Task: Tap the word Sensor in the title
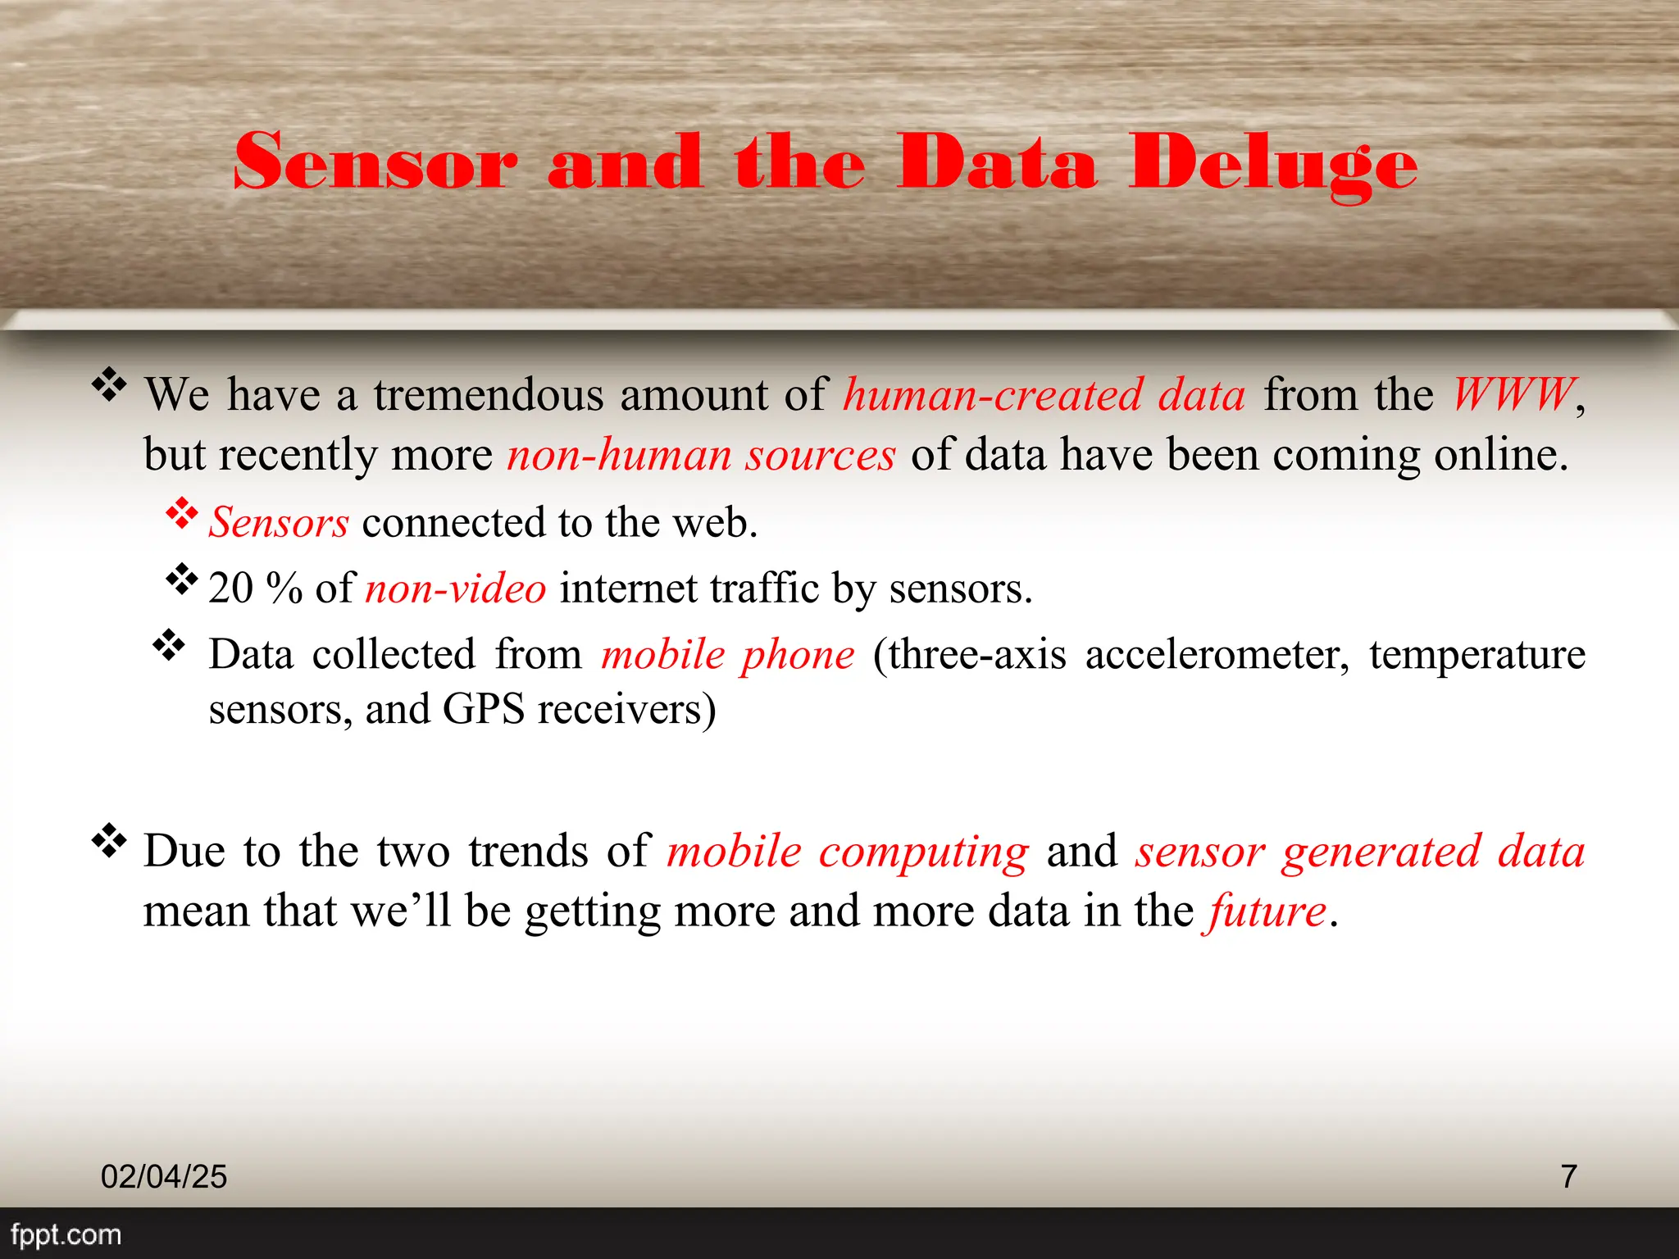click(x=375, y=162)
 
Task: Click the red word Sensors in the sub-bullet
click(x=279, y=523)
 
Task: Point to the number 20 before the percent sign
click(x=230, y=589)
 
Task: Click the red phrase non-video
click(x=456, y=589)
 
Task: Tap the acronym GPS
click(x=483, y=709)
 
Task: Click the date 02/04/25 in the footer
click(x=164, y=1176)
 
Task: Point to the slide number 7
click(x=1568, y=1176)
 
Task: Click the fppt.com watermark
click(x=66, y=1234)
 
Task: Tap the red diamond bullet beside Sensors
click(x=182, y=514)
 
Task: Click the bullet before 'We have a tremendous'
click(x=109, y=384)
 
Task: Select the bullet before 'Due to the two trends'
click(x=109, y=841)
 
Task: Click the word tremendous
click(x=489, y=395)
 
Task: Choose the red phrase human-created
click(x=992, y=395)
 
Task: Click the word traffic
click(x=764, y=589)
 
